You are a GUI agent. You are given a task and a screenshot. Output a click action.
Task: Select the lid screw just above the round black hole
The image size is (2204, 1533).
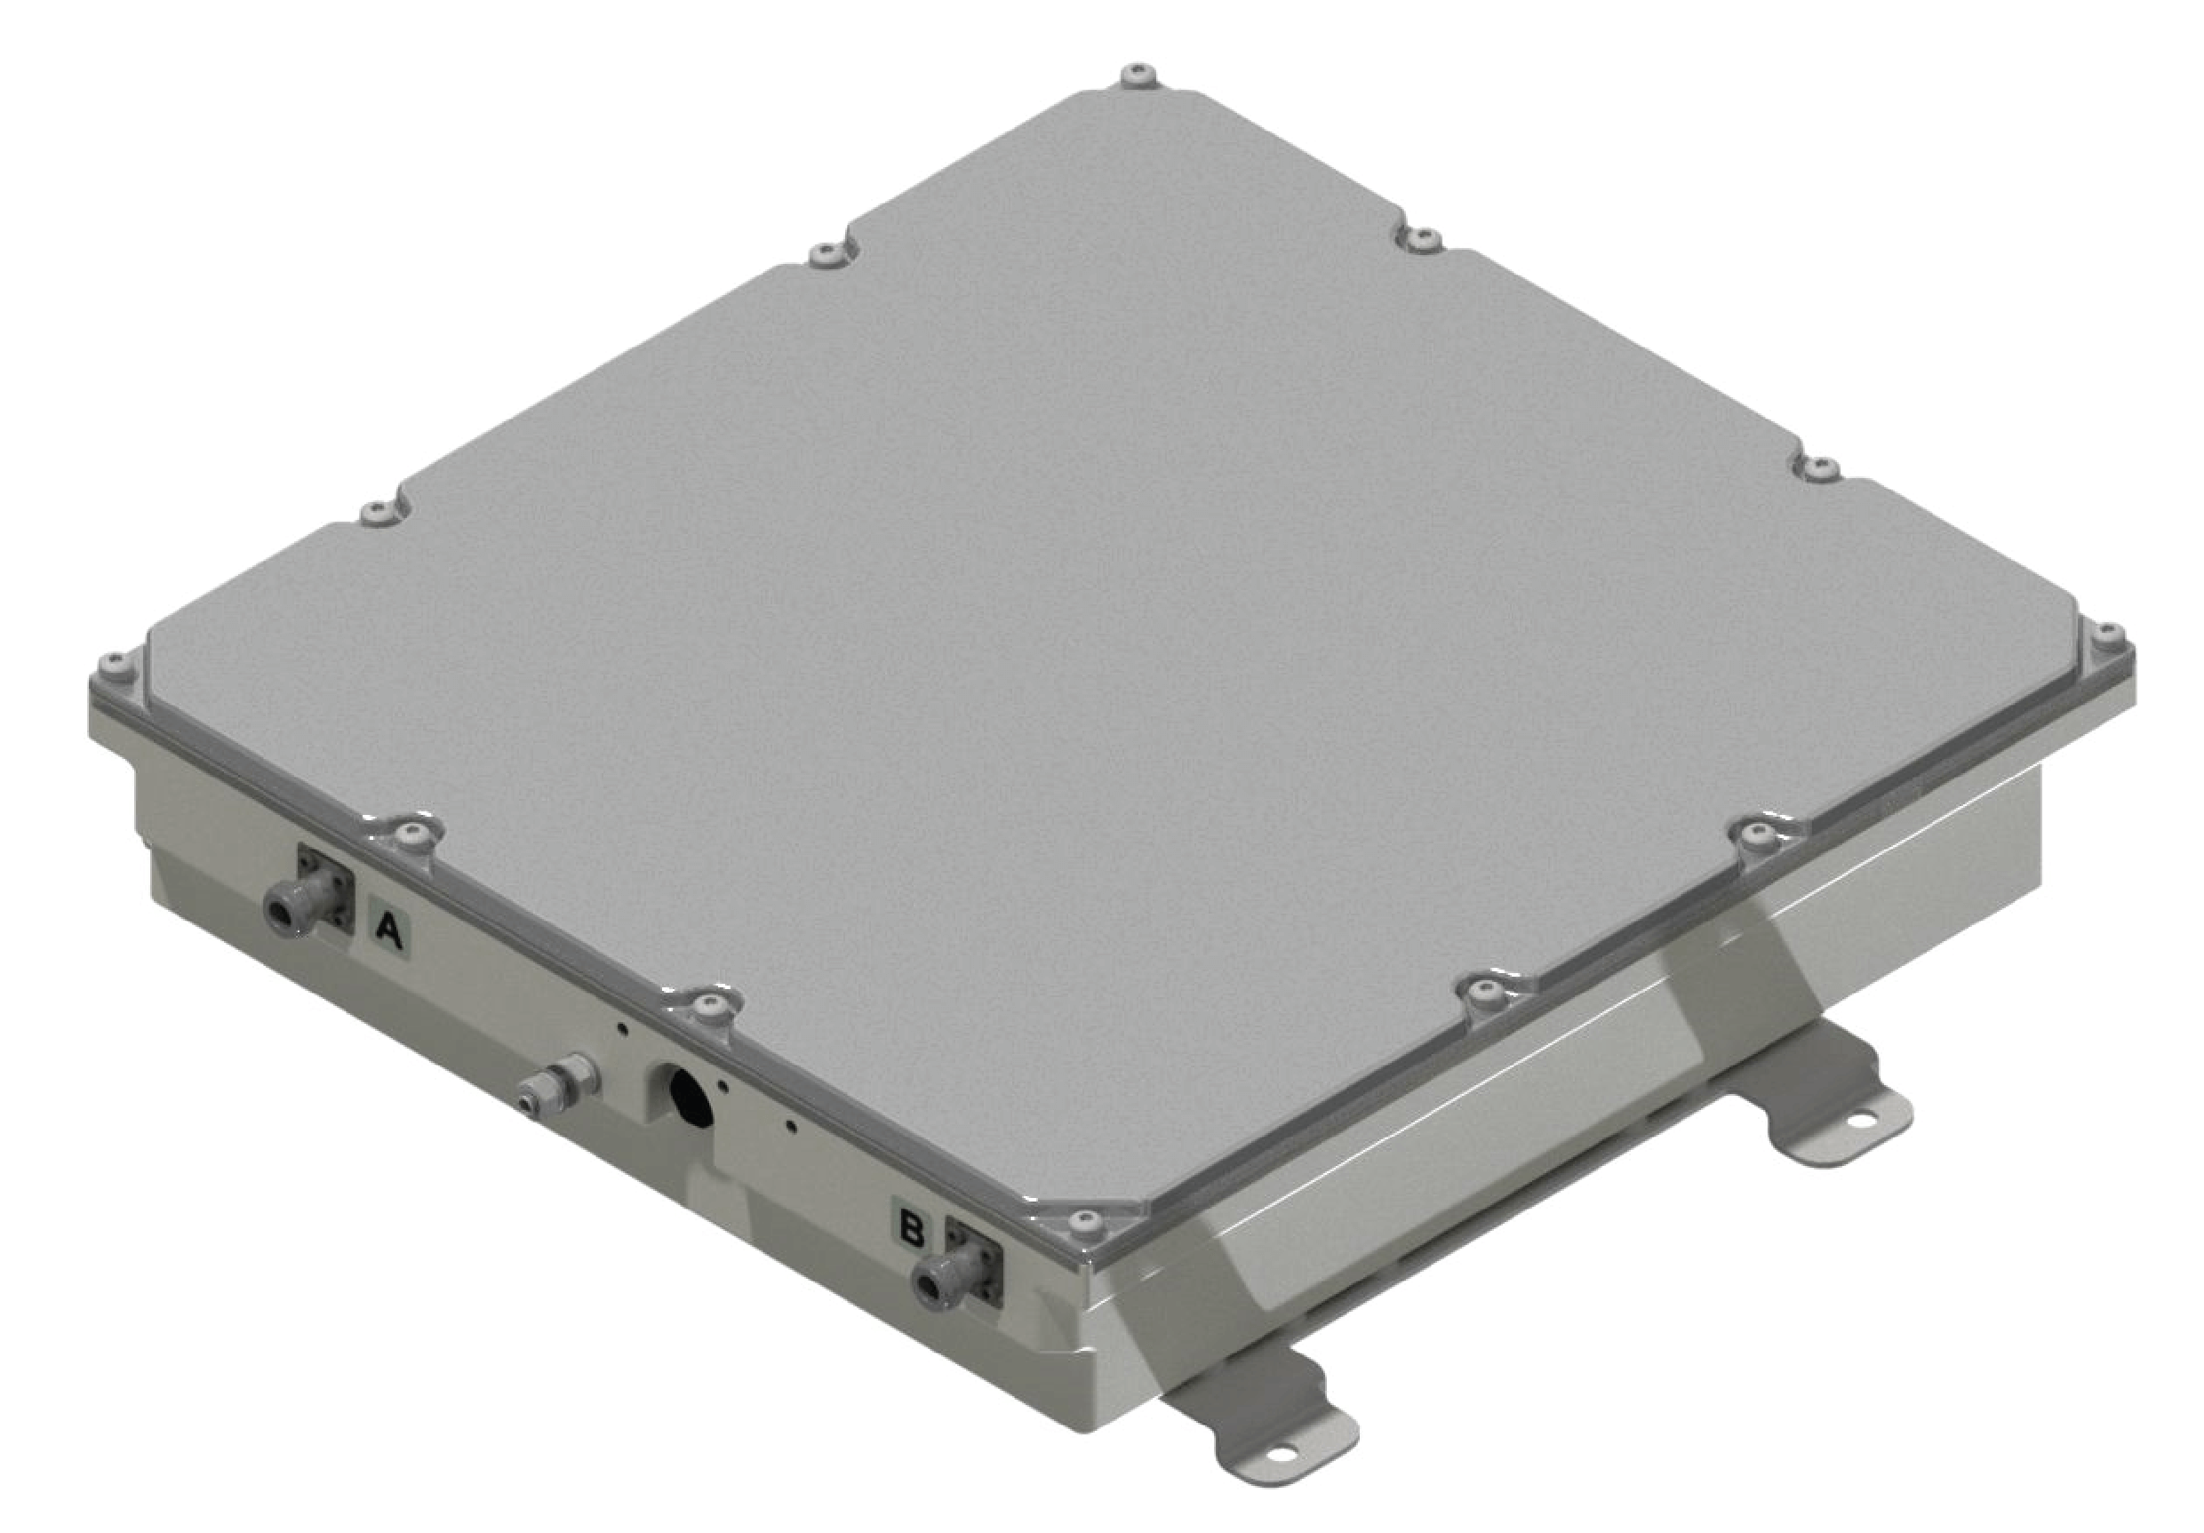click(709, 1004)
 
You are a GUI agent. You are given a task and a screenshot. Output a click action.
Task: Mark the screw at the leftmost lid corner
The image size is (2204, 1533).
click(116, 660)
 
